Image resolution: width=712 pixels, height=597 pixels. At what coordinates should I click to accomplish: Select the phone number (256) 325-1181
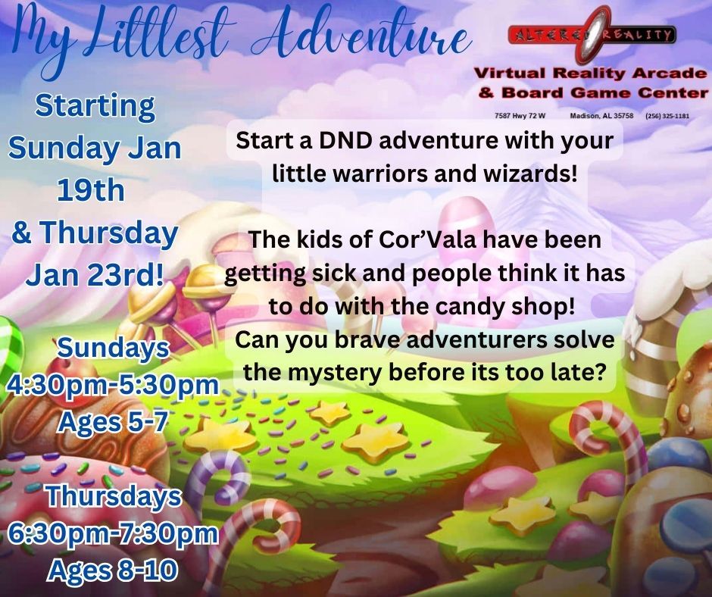pyautogui.click(x=667, y=116)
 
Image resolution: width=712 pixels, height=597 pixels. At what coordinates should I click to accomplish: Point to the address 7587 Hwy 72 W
pyautogui.click(x=515, y=116)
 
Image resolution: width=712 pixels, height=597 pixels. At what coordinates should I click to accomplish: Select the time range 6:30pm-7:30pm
pyautogui.click(x=113, y=533)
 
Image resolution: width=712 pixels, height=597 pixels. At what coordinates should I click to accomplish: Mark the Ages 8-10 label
pyautogui.click(x=114, y=569)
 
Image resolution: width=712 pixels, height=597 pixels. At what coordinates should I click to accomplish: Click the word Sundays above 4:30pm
pyautogui.click(x=114, y=348)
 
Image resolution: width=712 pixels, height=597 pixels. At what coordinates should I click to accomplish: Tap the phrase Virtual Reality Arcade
pyautogui.click(x=590, y=74)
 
